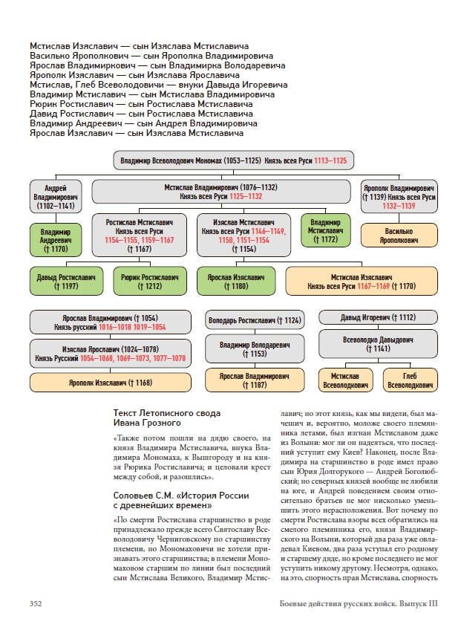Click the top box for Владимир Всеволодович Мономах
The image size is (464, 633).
click(x=232, y=160)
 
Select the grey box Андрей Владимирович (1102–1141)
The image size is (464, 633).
click(x=56, y=197)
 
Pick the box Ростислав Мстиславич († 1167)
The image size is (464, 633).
click(x=140, y=235)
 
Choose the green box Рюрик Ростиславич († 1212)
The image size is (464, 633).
click(x=150, y=282)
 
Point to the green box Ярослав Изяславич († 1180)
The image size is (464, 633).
click(x=236, y=282)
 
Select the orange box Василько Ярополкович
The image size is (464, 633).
click(x=399, y=236)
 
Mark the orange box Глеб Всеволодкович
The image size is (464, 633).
click(x=411, y=380)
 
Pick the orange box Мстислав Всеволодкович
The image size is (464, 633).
click(x=345, y=380)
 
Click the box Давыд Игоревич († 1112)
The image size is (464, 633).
click(x=378, y=317)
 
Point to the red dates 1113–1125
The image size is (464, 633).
click(x=330, y=160)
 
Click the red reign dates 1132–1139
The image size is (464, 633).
click(x=399, y=207)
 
